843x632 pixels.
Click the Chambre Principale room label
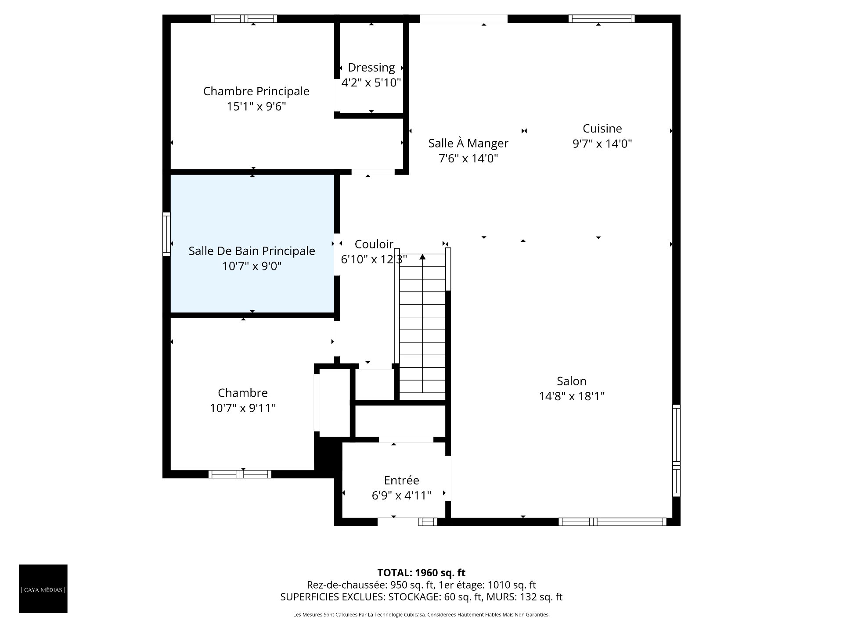click(x=256, y=91)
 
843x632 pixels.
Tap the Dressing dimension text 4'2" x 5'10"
click(x=371, y=83)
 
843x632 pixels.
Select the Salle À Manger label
click(x=468, y=143)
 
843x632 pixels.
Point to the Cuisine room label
click(x=602, y=129)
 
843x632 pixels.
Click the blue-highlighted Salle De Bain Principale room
click(x=252, y=244)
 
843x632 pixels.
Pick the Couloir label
click(x=374, y=244)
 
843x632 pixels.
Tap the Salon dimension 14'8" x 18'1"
click(x=572, y=396)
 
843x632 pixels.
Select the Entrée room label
click(x=401, y=480)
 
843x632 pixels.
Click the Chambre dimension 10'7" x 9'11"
click(x=243, y=408)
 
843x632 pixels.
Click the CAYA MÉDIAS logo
click(x=43, y=589)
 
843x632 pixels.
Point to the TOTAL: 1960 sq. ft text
click(x=421, y=573)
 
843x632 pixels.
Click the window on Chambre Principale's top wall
click(x=244, y=18)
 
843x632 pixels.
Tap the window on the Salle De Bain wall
click(x=166, y=234)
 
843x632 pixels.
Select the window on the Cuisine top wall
click(x=602, y=18)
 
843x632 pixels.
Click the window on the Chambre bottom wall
click(x=240, y=474)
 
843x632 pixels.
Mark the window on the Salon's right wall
click(x=677, y=451)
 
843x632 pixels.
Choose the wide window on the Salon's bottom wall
click(x=612, y=522)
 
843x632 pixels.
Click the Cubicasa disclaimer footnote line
click(x=421, y=615)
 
